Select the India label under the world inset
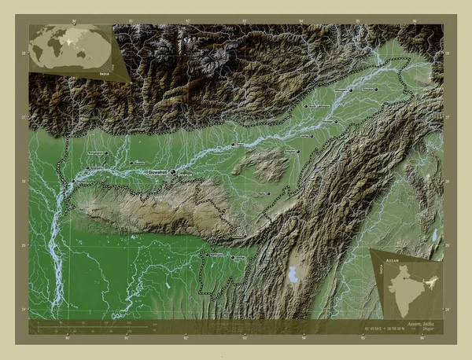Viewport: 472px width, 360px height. coord(105,72)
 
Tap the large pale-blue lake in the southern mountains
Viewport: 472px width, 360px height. coord(295,276)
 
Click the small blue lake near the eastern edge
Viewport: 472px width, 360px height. coord(434,234)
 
